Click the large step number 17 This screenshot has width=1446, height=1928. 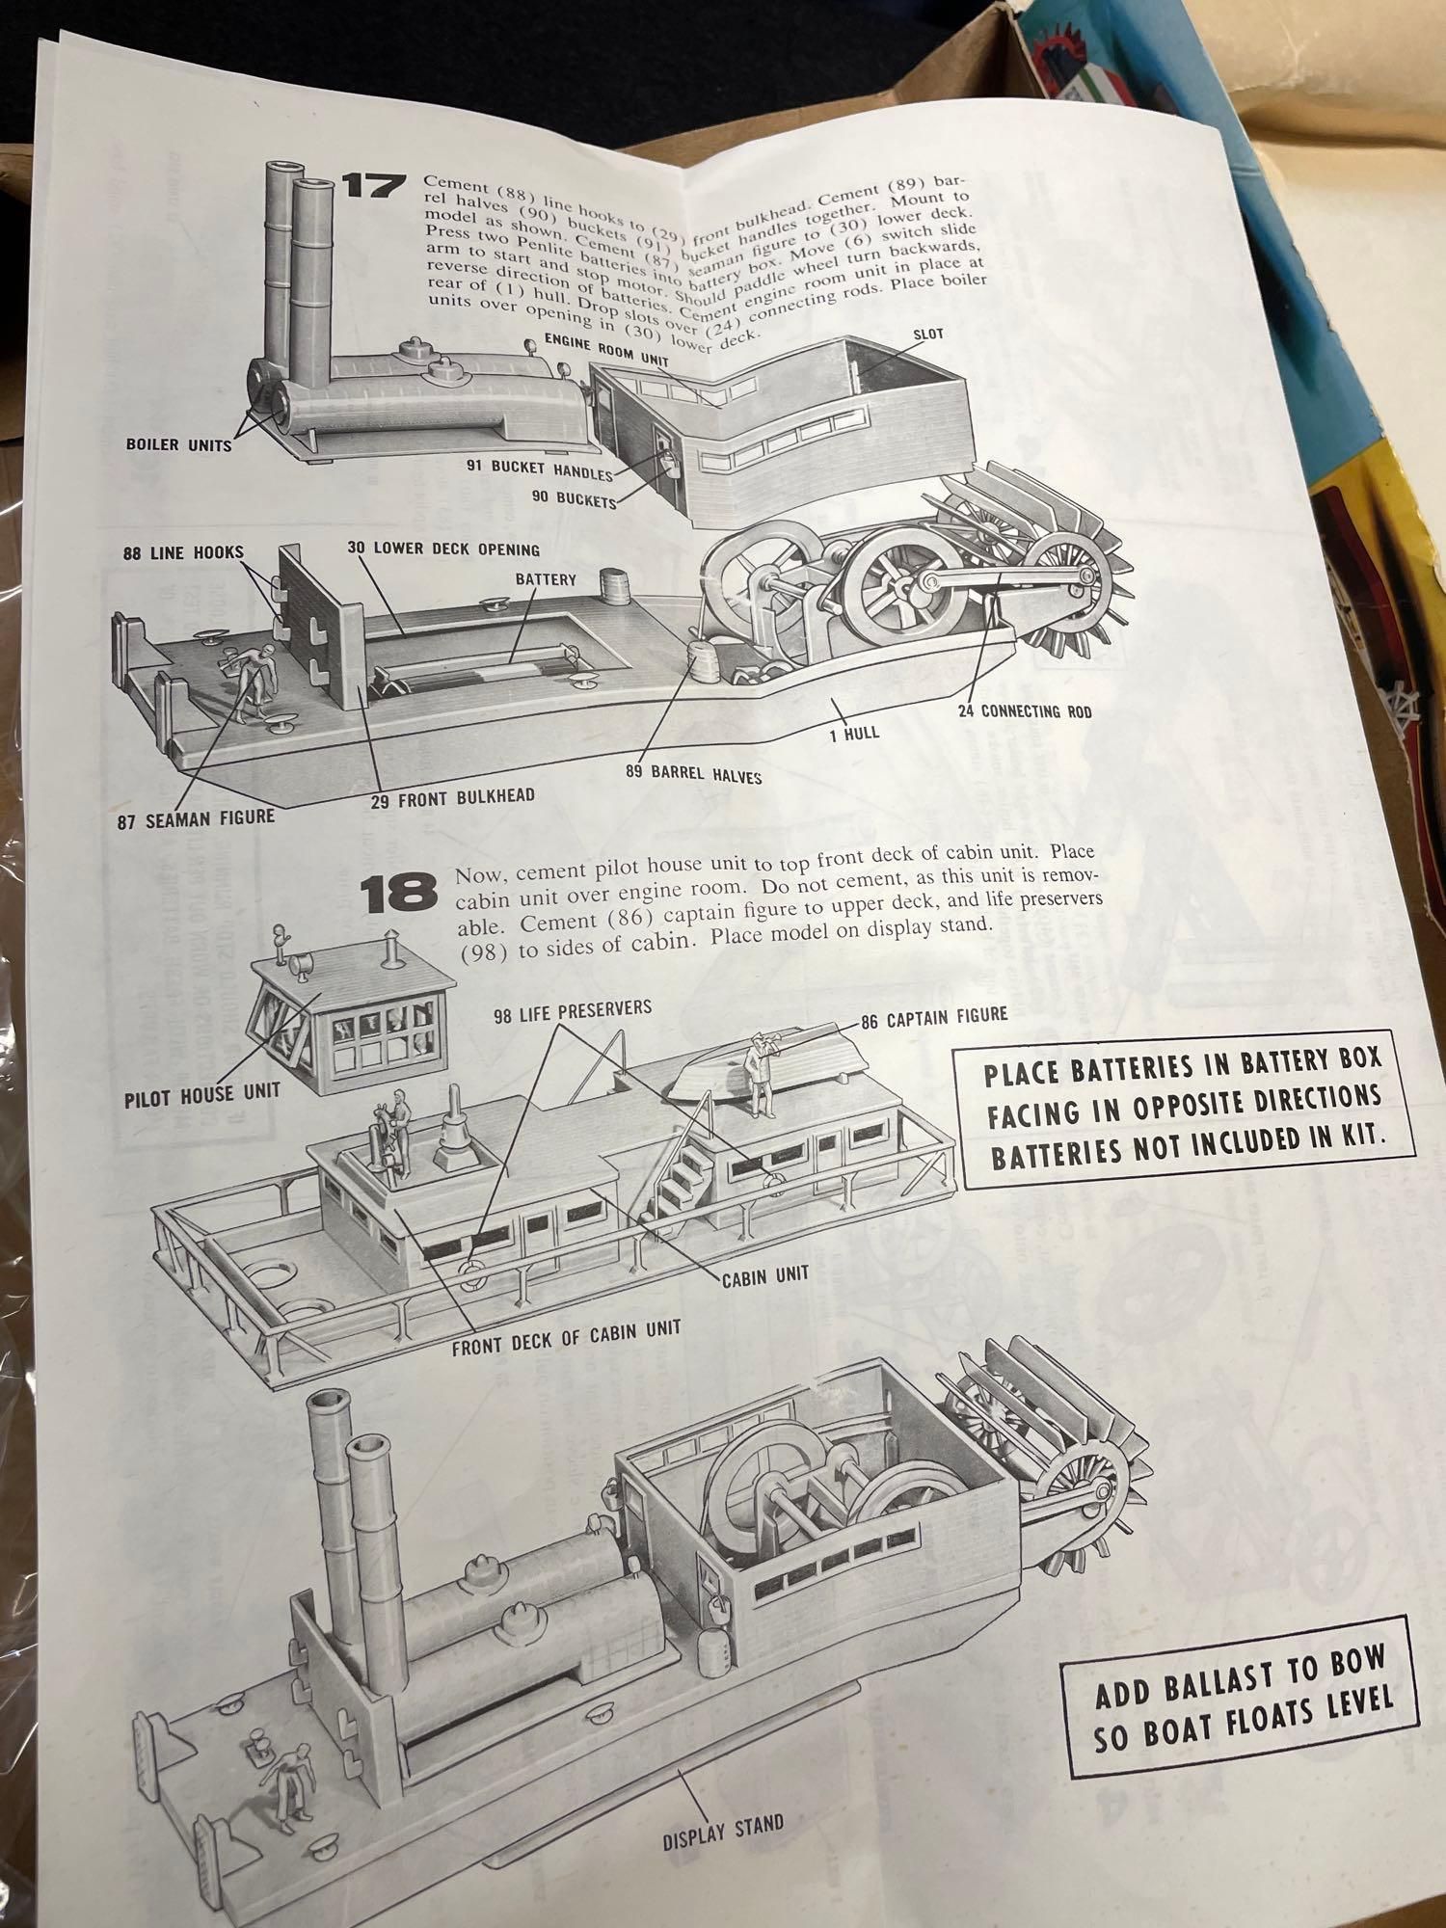370,185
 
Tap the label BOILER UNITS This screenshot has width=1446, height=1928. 178,445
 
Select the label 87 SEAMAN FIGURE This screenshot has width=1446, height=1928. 197,818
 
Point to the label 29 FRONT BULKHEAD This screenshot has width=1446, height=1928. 453,798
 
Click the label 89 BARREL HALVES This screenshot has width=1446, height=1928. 693,773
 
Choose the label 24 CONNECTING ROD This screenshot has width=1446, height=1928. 1024,711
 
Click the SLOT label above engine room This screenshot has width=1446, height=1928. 927,335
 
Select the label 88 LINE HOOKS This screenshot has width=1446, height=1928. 183,552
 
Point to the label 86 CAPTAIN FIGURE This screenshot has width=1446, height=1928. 934,1016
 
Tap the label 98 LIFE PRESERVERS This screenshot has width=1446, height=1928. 573,1009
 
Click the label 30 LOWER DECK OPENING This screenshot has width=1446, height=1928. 443,549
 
